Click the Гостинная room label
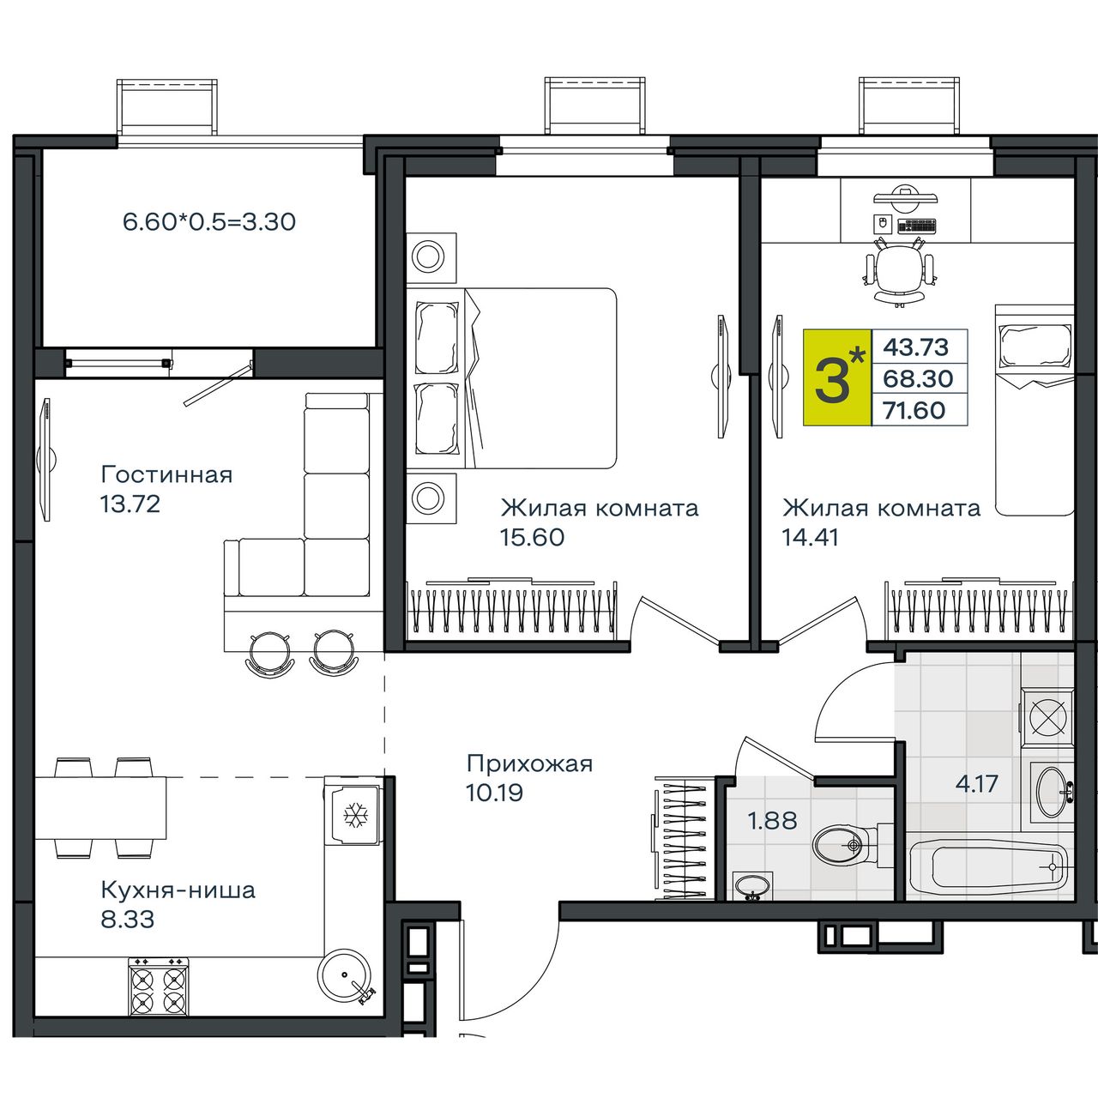[167, 474]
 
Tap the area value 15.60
[532, 537]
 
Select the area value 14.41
[811, 537]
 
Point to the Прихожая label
[530, 763]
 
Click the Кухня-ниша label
[178, 890]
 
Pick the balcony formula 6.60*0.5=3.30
[209, 221]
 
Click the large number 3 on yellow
[832, 383]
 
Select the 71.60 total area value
[914, 410]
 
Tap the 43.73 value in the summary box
[915, 347]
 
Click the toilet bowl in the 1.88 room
[846, 845]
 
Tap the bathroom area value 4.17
[977, 784]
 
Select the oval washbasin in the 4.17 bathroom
[1052, 792]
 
